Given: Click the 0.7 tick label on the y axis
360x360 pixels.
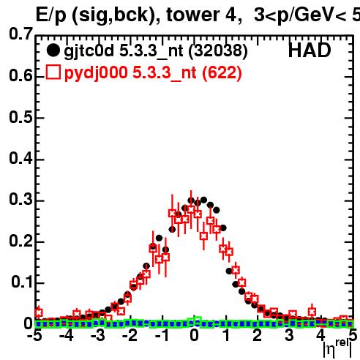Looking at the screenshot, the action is point(21,34).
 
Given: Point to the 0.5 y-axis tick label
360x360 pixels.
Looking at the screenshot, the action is point(21,117).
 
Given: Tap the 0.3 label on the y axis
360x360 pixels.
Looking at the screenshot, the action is point(21,199).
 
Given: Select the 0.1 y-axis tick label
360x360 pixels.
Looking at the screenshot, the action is point(22,282).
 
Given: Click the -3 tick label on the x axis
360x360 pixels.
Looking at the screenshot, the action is point(97,335).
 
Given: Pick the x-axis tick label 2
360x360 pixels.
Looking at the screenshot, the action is point(257,335).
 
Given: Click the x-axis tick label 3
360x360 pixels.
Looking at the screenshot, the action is point(289,335).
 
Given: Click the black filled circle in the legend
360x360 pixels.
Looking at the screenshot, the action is point(53,50).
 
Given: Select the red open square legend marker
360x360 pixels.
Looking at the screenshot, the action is point(53,72).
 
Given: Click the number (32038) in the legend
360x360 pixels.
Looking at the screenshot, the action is point(218,51).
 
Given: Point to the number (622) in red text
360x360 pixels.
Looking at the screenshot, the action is point(222,72).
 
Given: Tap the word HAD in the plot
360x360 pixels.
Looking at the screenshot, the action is point(310,50).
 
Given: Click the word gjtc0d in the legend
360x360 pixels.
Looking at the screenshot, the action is point(89,51).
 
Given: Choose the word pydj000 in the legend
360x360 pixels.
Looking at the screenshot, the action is point(96,73).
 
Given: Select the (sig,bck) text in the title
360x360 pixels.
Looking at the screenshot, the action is point(116,16).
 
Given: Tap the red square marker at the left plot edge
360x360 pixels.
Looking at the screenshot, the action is point(39,312).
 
